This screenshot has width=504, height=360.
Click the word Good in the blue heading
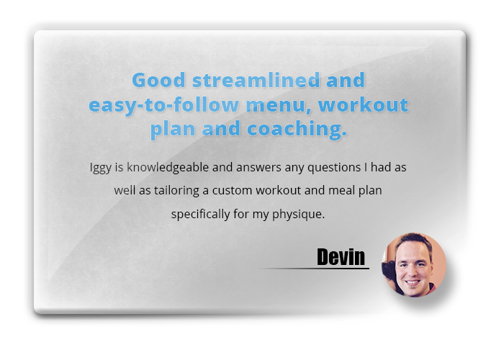[158, 80]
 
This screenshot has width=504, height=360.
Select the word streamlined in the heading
[256, 80]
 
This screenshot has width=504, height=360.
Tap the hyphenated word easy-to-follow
[164, 105]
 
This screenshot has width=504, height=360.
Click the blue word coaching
[297, 129]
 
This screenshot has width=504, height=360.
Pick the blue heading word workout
[363, 104]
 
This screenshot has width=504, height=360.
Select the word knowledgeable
[168, 168]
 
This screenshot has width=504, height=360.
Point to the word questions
[334, 168]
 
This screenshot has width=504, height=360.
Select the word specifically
[201, 215]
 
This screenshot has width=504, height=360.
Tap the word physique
[298, 215]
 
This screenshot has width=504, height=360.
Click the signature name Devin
[341, 256]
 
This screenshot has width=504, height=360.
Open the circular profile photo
[414, 265]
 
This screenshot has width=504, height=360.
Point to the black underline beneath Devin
[314, 268]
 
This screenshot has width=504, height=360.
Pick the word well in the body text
[125, 191]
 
